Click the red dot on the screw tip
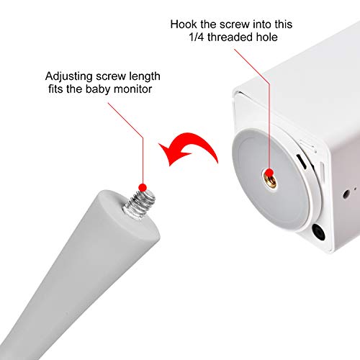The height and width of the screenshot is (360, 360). (144, 188)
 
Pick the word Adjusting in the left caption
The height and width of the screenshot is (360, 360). (68, 76)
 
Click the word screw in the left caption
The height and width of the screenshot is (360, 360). (107, 76)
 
